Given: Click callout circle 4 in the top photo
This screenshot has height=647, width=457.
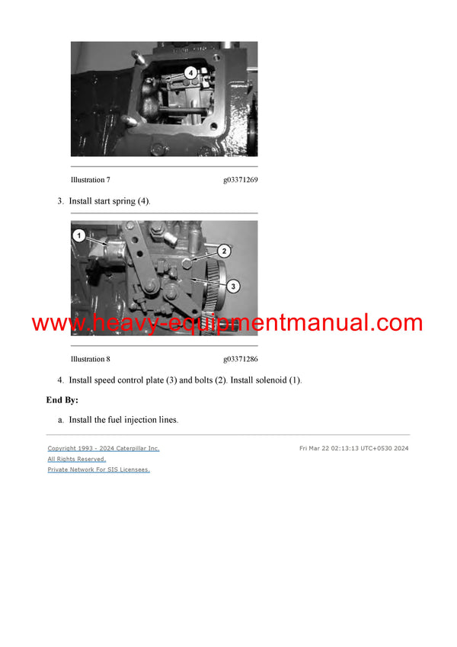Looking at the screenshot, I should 191,72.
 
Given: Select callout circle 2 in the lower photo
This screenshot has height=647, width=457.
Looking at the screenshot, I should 224,250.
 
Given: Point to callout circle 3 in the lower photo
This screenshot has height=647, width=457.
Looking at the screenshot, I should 234,286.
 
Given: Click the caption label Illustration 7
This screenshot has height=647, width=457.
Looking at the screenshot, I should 90,181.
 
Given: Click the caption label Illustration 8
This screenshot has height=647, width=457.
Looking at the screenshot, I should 90,359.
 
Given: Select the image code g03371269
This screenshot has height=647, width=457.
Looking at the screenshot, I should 240,181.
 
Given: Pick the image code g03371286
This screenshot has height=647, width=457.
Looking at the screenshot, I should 240,359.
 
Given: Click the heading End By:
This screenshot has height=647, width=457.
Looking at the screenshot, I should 62,400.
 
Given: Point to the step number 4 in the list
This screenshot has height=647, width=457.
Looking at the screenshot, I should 59,380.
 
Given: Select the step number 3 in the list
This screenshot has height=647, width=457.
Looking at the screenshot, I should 59,201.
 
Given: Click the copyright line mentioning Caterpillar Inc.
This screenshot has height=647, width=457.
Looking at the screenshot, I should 104,449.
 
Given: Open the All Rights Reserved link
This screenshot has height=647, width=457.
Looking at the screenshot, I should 76,460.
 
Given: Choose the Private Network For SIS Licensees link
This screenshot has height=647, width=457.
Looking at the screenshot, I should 98,470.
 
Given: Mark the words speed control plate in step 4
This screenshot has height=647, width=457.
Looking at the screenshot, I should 127,380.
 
